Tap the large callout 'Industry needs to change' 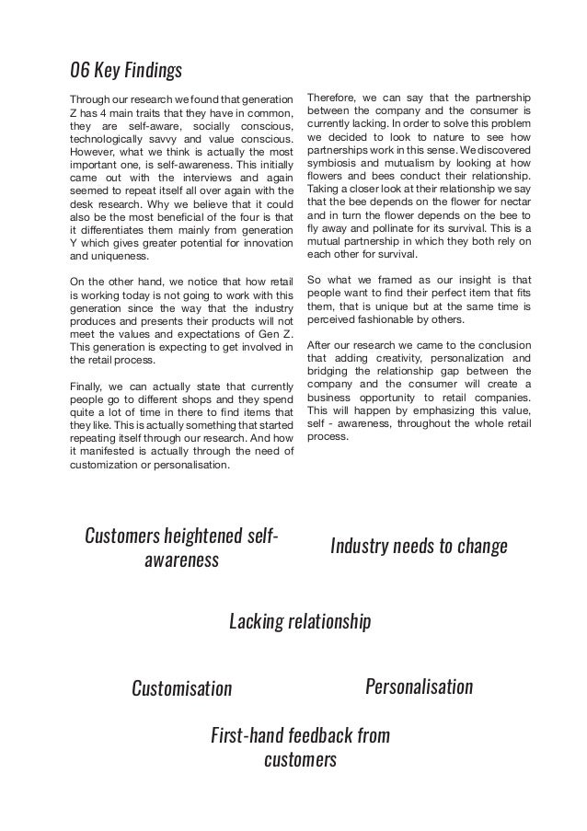point(419,547)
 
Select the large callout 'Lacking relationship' point(300,622)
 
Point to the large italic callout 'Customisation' point(182,688)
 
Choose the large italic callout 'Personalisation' point(419,687)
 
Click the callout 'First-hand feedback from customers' point(300,748)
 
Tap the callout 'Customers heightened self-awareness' point(182,548)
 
